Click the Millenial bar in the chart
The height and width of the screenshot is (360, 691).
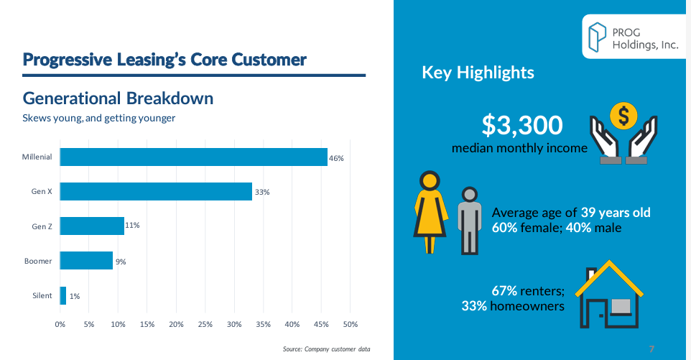coord(193,157)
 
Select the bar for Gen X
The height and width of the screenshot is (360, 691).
coord(156,191)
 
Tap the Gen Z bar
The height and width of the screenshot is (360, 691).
coord(92,226)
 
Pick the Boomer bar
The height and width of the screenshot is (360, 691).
coord(86,260)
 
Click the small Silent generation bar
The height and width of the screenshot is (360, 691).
coord(63,295)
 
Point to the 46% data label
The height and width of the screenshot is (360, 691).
coord(337,158)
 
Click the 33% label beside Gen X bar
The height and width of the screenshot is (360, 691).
coord(261,192)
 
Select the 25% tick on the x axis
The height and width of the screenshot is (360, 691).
coord(205,324)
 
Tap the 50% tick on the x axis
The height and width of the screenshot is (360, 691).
coord(350,324)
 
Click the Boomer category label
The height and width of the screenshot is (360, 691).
coord(38,261)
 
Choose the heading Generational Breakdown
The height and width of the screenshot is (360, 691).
coord(118,98)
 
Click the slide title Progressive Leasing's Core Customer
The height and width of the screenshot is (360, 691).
coord(164,60)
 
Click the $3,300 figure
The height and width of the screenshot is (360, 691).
coord(521,126)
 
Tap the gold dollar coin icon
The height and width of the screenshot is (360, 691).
coord(623,115)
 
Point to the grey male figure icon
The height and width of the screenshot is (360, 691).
coord(469,220)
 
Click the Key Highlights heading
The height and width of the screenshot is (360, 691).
coord(478,73)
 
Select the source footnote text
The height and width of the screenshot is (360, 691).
coord(327,350)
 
